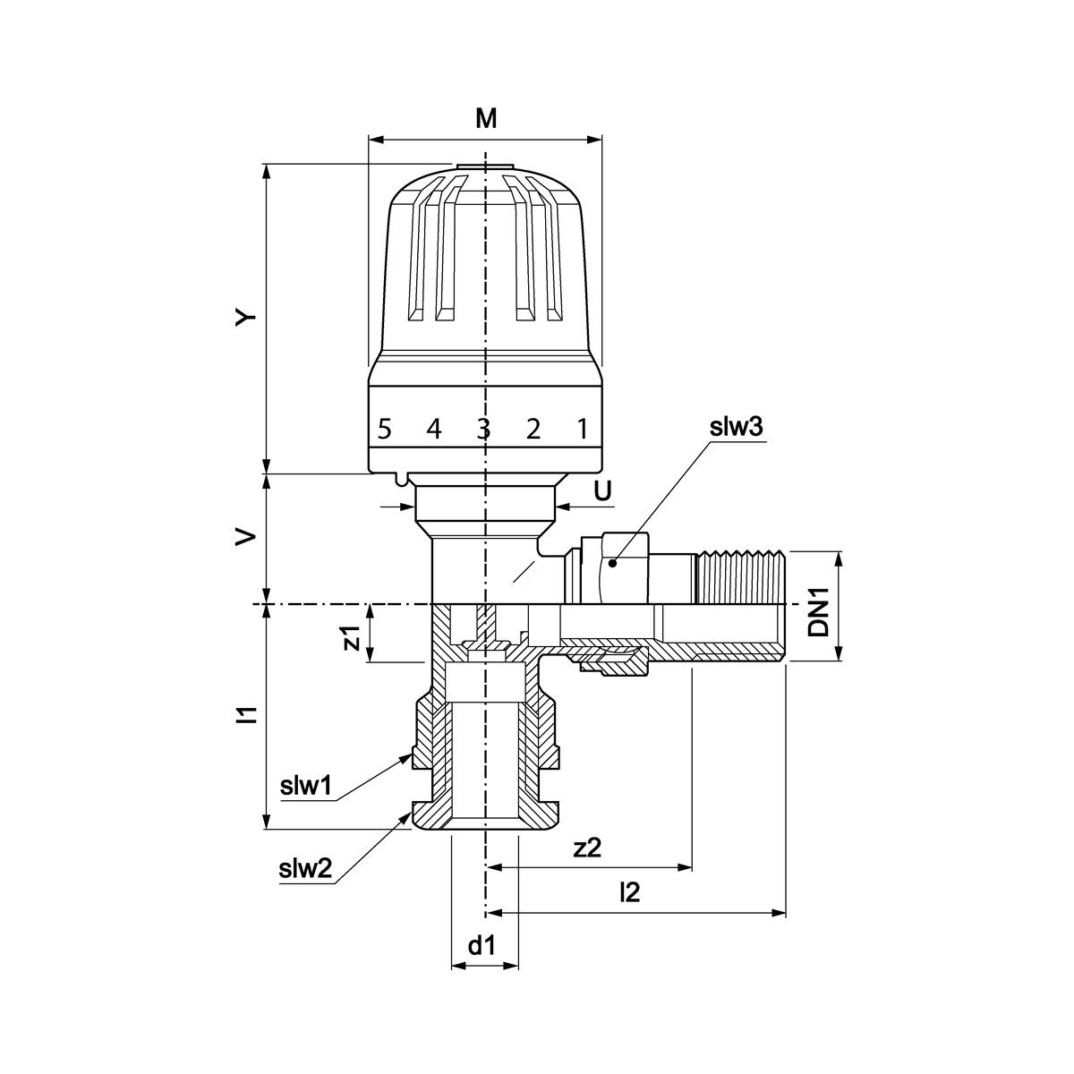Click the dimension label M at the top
pyautogui.click(x=485, y=118)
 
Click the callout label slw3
pyautogui.click(x=736, y=427)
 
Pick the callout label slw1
pyautogui.click(x=306, y=787)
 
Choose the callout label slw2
pyautogui.click(x=305, y=867)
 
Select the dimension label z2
pyautogui.click(x=587, y=848)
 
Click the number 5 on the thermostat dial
pyautogui.click(x=384, y=430)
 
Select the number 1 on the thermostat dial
pyautogui.click(x=582, y=430)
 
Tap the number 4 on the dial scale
pyautogui.click(x=434, y=430)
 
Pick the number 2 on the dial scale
pyautogui.click(x=533, y=430)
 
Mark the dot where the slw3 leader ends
pyautogui.click(x=612, y=563)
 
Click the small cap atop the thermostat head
pyautogui.click(x=484, y=167)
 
